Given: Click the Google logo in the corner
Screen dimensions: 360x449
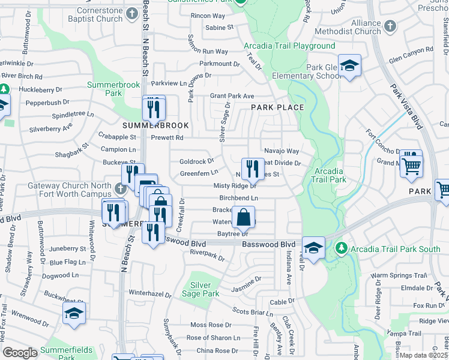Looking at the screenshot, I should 20,353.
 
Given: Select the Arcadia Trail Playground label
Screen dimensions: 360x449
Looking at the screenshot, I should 289,46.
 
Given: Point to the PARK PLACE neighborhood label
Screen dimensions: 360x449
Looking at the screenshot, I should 277,107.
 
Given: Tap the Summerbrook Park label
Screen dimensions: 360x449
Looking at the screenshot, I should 113,89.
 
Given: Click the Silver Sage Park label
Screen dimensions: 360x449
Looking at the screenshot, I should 205,289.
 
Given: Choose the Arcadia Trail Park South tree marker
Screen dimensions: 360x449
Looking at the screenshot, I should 341,248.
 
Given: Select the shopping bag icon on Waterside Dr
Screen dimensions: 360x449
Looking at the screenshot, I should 244,217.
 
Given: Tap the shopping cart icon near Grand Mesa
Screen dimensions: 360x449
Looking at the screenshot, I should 412,166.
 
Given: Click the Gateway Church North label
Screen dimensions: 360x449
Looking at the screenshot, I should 69,186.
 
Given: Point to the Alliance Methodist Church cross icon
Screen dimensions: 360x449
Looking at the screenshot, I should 390,27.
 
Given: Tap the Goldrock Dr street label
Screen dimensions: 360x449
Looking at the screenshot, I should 197,161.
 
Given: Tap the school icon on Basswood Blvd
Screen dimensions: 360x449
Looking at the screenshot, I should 313,247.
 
